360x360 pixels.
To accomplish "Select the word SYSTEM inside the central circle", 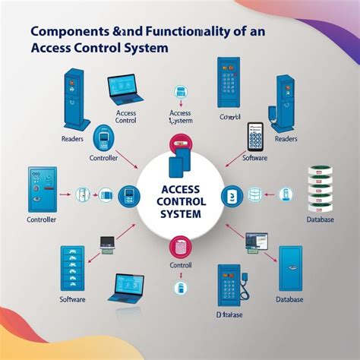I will pos(180,215).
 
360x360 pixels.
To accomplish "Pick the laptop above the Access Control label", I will pos(125,90).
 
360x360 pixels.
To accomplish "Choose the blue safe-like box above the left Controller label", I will pos(37,189).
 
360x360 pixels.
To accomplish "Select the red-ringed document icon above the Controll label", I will pos(181,246).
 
